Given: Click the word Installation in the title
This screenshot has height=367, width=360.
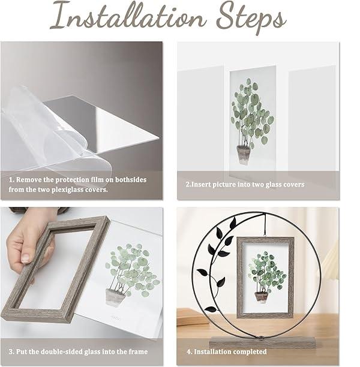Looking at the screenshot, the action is click(128, 17).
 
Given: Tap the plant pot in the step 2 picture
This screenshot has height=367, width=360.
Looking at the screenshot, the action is click(243, 155).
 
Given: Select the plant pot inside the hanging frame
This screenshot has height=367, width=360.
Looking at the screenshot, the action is click(261, 297).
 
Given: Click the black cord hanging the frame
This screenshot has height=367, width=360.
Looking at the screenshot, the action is click(265, 225).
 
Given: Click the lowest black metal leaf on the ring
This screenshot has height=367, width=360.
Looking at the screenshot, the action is click(211, 309).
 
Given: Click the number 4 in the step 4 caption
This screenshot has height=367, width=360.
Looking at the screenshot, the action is click(188, 352).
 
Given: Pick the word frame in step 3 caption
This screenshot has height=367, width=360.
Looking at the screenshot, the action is click(138, 352).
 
